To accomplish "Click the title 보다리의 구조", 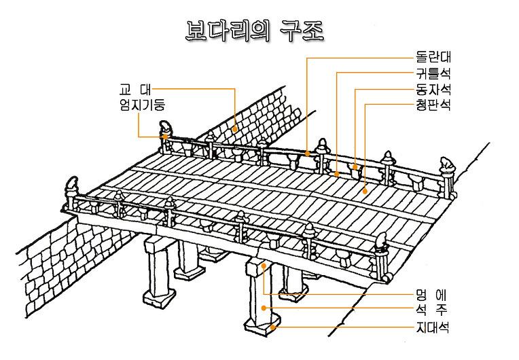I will pyautogui.click(x=255, y=31).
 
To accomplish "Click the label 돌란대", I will pyautogui.click(x=433, y=57).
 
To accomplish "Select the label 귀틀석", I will pyautogui.click(x=433, y=73).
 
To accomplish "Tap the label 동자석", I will pyautogui.click(x=433, y=89).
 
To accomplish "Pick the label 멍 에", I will pyautogui.click(x=433, y=295).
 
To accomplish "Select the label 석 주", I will pyautogui.click(x=433, y=311).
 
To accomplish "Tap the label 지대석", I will pyautogui.click(x=433, y=327).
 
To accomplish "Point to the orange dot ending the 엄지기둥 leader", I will pyautogui.click(x=165, y=136).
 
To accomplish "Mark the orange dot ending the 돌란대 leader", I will pyautogui.click(x=308, y=154).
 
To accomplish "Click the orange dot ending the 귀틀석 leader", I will pyautogui.click(x=338, y=173).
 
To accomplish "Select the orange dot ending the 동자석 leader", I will pyautogui.click(x=355, y=166).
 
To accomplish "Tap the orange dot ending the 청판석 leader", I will pyautogui.click(x=365, y=192).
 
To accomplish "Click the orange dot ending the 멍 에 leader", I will pyautogui.click(x=263, y=266).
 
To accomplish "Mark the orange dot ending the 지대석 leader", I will pyautogui.click(x=273, y=327).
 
